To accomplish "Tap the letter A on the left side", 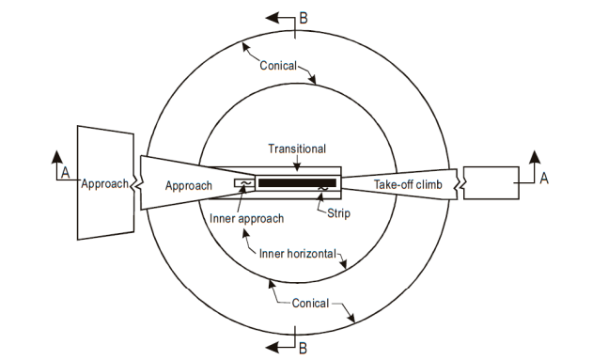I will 65,174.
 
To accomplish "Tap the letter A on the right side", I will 543,177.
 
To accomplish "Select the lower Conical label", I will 310,303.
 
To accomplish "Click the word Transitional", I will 296,148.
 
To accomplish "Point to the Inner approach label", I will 242,219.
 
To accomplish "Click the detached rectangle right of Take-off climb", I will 491,181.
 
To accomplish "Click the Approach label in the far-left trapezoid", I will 104,183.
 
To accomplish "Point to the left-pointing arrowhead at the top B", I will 273,18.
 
